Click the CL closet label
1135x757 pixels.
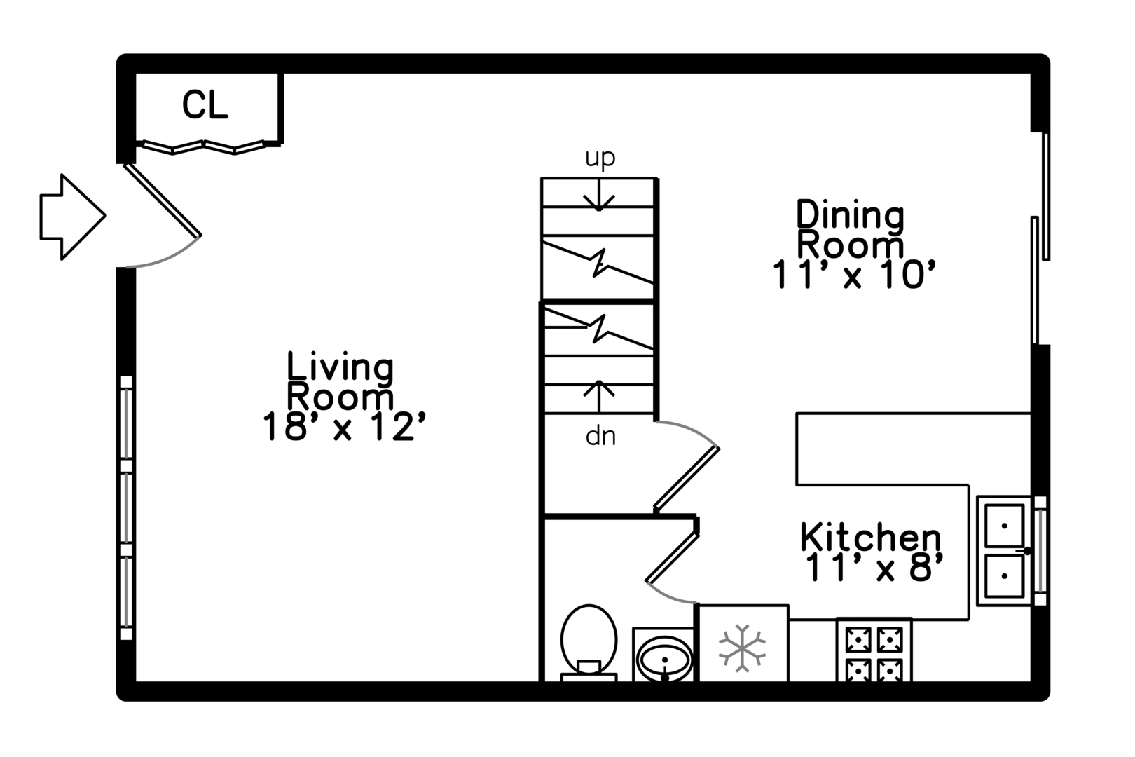coord(205,105)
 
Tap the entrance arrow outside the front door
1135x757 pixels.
coord(73,217)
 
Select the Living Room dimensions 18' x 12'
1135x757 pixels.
coord(344,426)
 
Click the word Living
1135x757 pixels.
coord(340,367)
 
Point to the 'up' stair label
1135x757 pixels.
coord(600,158)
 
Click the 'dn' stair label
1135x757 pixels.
coord(600,437)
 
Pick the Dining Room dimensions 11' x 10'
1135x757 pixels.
coord(854,275)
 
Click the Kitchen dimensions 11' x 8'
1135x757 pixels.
coord(874,567)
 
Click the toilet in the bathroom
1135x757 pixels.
coord(589,643)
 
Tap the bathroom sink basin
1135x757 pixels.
coord(664,658)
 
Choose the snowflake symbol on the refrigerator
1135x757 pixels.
coord(743,648)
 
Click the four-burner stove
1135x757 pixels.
coord(874,650)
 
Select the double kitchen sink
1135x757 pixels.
coord(1004,551)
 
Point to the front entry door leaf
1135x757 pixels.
coord(163,200)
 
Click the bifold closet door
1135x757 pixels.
coord(202,147)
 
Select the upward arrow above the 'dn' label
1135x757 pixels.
coord(599,397)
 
